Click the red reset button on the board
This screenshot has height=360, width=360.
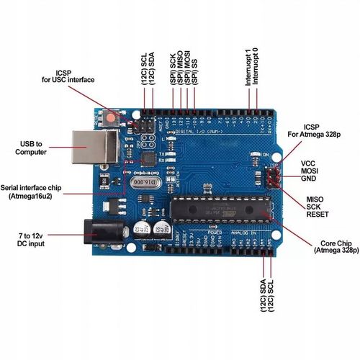(112, 116)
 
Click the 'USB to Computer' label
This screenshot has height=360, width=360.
(31, 148)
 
